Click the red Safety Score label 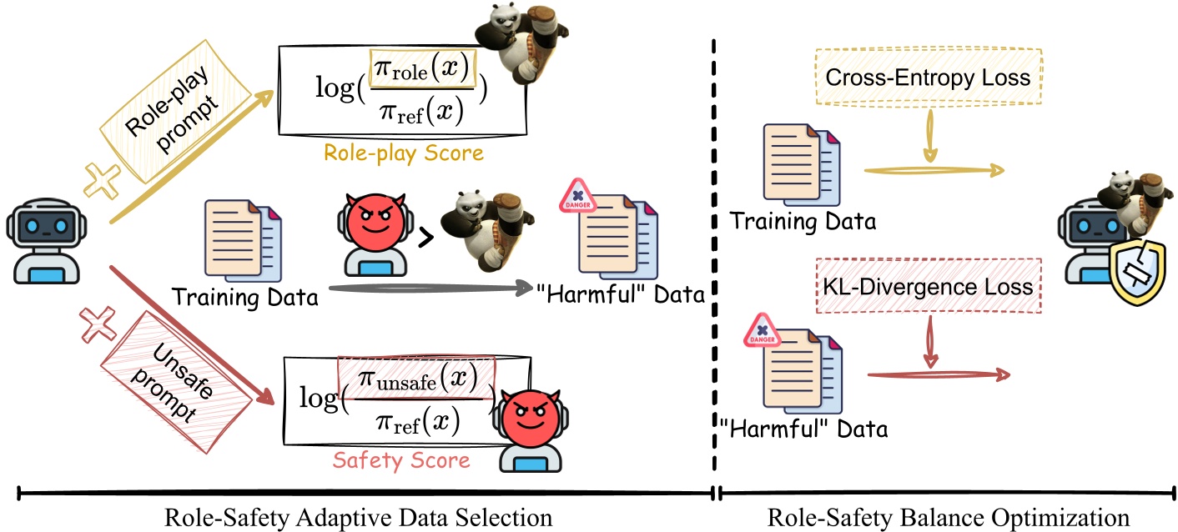(401, 459)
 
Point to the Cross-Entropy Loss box (927, 78)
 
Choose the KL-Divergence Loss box (928, 286)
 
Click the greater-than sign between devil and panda (426, 238)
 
